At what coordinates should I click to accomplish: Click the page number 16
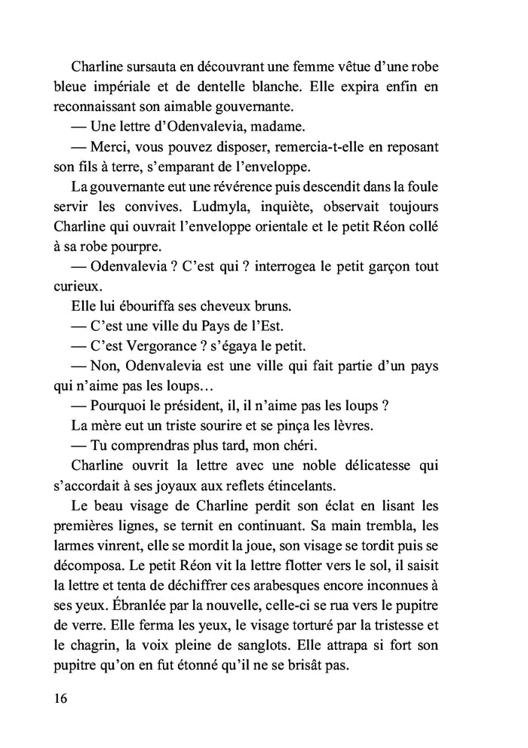61,698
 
